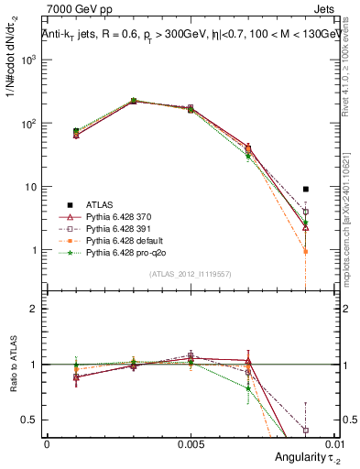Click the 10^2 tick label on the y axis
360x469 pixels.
click(x=29, y=123)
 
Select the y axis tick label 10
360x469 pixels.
click(x=32, y=187)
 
